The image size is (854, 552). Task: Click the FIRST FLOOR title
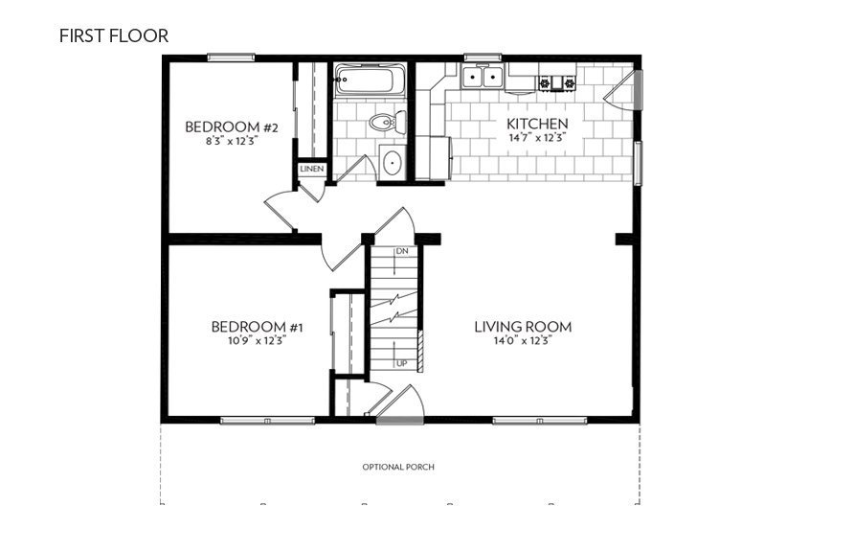[x=113, y=36]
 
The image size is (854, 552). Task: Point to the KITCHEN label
[x=537, y=124]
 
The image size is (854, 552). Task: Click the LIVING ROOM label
[x=523, y=327]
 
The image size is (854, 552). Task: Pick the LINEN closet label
[x=312, y=170]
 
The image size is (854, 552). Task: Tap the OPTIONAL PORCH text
[x=398, y=468]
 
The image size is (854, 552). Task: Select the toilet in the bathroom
[x=386, y=123]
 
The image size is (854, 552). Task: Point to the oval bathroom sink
[x=393, y=161]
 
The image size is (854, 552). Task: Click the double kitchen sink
[x=483, y=78]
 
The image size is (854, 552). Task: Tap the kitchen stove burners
[x=557, y=83]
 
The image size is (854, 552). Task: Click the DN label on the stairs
[x=402, y=251]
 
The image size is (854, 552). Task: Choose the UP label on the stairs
[x=402, y=363]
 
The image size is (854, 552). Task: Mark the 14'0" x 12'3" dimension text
[x=523, y=339]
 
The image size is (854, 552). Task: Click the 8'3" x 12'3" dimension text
[x=232, y=140]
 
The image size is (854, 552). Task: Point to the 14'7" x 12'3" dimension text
[x=537, y=137]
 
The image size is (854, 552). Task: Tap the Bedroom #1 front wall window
[x=267, y=420]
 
